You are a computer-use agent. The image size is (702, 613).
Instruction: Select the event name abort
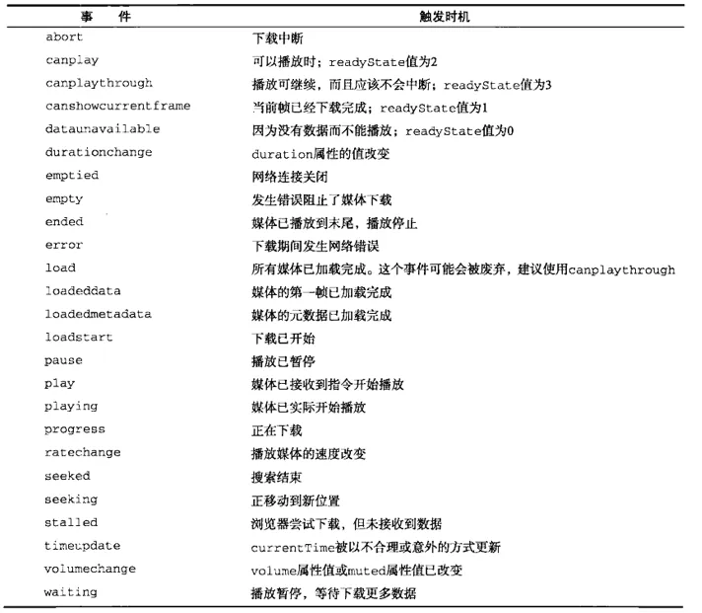tap(64, 38)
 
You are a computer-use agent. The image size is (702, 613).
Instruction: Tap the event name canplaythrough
tap(99, 83)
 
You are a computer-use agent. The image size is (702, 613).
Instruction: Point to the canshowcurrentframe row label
tap(117, 107)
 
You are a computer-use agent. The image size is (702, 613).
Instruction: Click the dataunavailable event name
tap(103, 129)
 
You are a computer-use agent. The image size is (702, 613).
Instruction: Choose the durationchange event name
tap(99, 152)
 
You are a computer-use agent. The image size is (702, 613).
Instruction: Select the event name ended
tap(64, 222)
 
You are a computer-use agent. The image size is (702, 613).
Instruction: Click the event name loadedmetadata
tap(99, 315)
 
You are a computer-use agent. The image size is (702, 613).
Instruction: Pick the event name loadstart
tap(79, 338)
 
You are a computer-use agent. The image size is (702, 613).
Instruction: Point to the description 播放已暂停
tap(283, 361)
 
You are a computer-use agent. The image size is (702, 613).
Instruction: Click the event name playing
tap(71, 407)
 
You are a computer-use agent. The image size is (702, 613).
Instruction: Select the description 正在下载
tap(276, 430)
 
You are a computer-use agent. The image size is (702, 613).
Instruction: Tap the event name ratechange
tap(83, 453)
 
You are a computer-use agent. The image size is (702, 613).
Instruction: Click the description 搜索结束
tap(276, 477)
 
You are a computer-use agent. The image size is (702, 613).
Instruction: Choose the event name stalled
tap(71, 523)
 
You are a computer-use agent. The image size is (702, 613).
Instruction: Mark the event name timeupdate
tap(83, 546)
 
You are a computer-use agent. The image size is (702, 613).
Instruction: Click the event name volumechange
tap(91, 570)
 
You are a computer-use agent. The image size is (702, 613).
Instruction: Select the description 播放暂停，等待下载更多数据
tap(333, 593)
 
